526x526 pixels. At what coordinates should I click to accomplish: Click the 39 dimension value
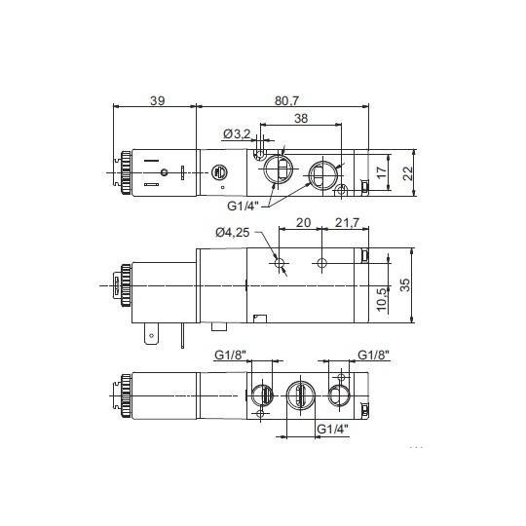pos(156,99)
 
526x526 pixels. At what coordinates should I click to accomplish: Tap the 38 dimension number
pos(301,120)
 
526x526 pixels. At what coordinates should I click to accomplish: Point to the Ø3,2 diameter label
pos(237,133)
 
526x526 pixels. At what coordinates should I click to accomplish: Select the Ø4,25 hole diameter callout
pos(231,232)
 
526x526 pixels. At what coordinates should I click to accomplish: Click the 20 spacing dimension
pos(303,223)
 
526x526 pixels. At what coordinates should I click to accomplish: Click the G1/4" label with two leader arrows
pos(244,206)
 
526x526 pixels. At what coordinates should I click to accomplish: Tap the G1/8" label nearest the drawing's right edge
pos(374,355)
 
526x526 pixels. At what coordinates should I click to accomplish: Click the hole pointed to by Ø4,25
pos(282,263)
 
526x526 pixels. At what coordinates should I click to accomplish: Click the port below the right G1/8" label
pos(338,394)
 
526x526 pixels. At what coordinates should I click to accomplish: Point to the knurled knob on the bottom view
pos(125,394)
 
